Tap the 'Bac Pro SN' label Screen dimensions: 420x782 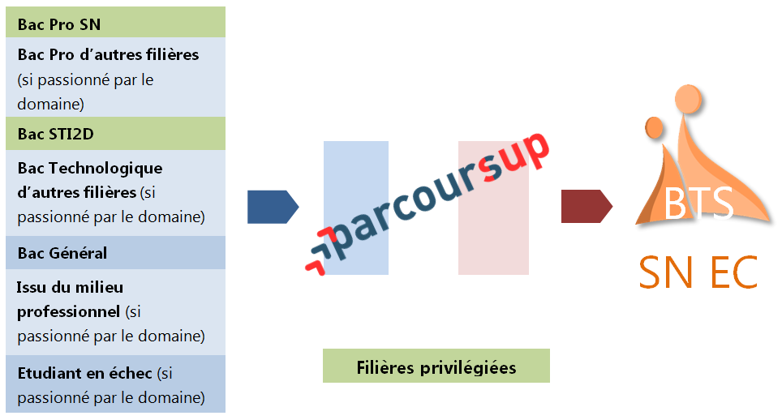[59, 24]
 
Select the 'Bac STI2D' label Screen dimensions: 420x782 [56, 134]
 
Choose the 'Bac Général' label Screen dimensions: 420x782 [62, 253]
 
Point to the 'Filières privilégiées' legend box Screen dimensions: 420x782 [436, 366]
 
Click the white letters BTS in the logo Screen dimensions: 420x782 [698, 204]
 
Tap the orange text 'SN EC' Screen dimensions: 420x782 [698, 272]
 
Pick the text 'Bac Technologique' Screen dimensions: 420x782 [90, 169]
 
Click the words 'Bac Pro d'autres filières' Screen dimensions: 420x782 [108, 55]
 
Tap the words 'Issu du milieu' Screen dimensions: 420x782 [70, 287]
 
